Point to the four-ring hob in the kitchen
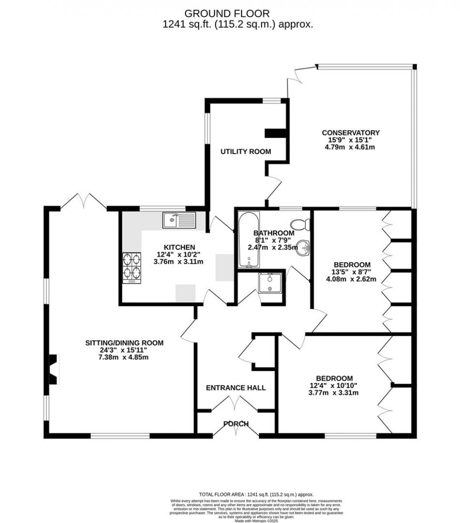click(x=132, y=268)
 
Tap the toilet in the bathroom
click(x=300, y=225)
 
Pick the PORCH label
click(x=236, y=424)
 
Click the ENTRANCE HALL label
click(x=236, y=388)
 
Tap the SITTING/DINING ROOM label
click(x=124, y=343)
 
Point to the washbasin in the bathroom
click(x=305, y=246)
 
